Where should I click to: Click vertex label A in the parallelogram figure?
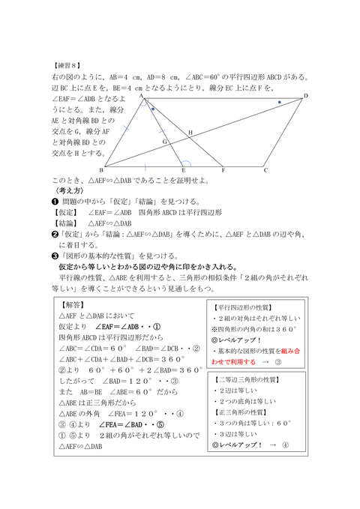point(140,97)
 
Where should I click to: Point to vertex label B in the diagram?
point(101,171)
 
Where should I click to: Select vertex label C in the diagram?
point(265,170)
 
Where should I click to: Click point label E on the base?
point(184,171)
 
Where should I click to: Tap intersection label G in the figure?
point(164,141)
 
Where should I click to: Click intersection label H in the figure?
point(190,133)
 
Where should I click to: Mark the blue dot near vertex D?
point(280,102)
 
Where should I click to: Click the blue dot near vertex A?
point(153,109)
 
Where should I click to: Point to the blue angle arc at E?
point(187,160)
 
